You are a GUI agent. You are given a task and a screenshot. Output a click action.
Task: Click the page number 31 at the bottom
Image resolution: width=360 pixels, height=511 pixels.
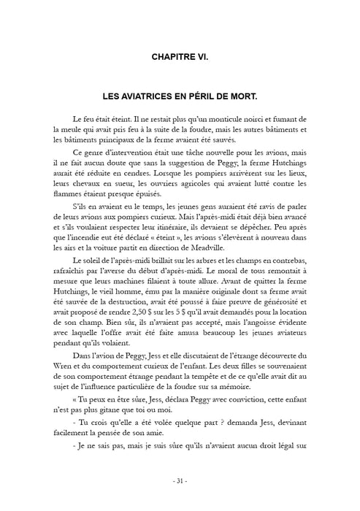180,481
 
